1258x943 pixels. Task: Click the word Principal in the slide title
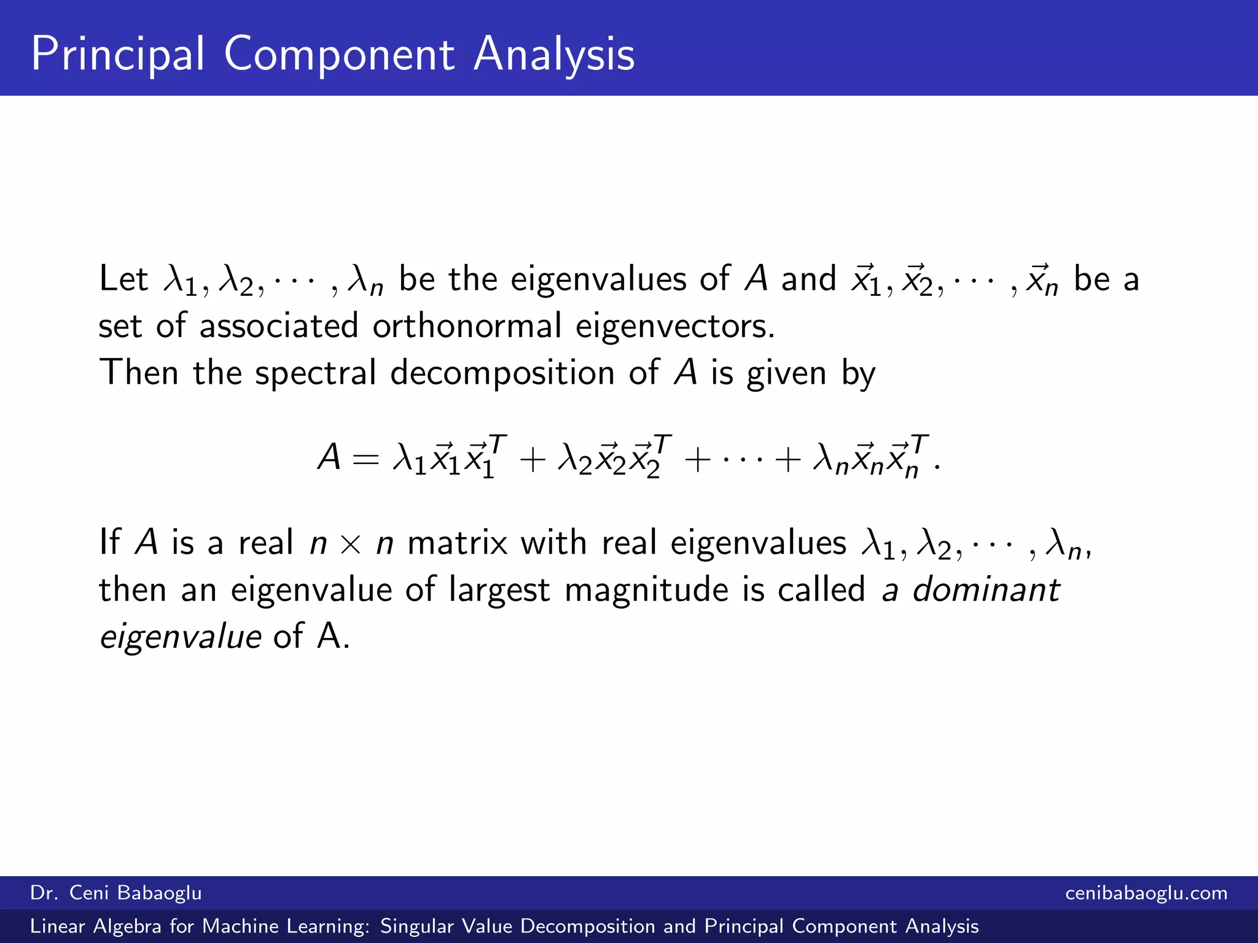[x=117, y=55]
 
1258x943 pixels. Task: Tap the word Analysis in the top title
[x=554, y=55]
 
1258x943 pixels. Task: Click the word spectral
[x=315, y=373]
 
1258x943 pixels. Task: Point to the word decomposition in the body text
[x=502, y=373]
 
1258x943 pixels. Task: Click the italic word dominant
[x=986, y=589]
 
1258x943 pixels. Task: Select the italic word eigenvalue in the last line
[x=181, y=636]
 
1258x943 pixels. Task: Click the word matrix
[x=458, y=543]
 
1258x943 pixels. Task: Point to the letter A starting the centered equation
[x=329, y=457]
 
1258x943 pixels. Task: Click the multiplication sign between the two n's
[x=351, y=544]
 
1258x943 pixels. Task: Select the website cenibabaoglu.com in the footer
[x=1146, y=893]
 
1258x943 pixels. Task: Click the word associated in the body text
[x=279, y=325]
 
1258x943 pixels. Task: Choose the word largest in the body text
[x=499, y=591]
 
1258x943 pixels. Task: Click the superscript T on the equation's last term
[x=920, y=443]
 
